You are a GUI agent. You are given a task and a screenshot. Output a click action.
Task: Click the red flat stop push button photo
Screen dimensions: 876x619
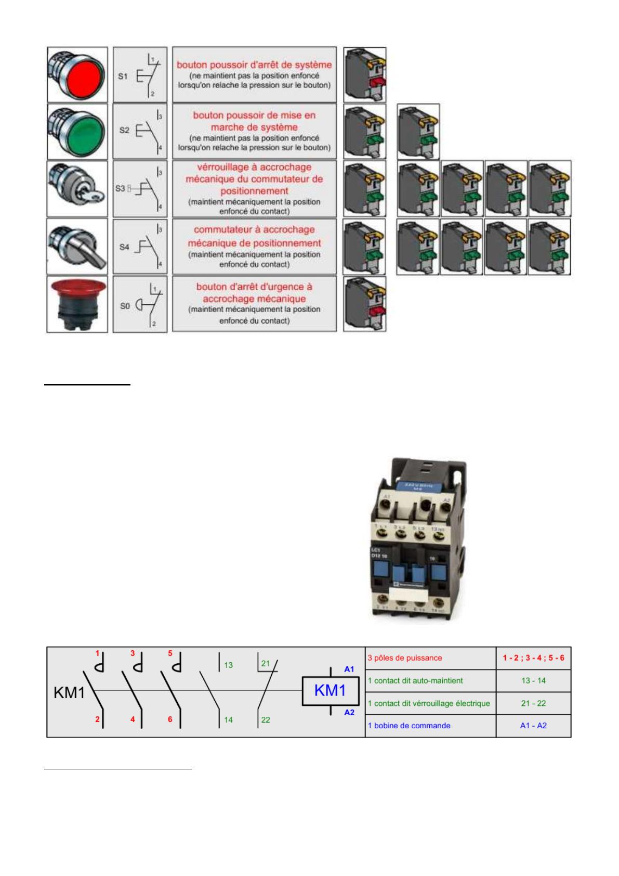tap(77, 75)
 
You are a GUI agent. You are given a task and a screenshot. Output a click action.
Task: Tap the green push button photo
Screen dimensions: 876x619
tap(77, 131)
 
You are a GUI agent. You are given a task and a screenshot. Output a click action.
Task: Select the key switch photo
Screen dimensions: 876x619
tap(77, 188)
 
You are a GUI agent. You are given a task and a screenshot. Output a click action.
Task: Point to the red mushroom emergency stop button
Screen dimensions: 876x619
tap(77, 304)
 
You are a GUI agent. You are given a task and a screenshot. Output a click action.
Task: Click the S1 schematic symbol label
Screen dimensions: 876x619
tap(123, 76)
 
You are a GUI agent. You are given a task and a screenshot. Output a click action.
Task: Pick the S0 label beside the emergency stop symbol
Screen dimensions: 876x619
tap(125, 306)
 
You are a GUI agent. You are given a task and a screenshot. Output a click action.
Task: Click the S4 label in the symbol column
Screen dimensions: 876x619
tap(124, 247)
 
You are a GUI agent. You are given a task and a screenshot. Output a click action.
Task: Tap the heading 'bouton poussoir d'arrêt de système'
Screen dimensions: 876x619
tap(254, 65)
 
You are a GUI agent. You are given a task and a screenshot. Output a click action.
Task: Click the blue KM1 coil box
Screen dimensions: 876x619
tap(331, 691)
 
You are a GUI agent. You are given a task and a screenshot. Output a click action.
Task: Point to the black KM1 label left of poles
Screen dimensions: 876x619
tap(69, 693)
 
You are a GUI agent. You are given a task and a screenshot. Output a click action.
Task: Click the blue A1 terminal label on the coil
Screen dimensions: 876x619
tap(349, 669)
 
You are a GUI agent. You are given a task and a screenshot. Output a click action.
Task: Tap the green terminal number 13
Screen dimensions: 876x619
tap(229, 665)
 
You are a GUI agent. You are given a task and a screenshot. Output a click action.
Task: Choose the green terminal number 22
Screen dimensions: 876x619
tap(266, 720)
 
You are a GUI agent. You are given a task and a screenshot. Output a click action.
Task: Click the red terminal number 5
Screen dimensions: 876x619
tap(170, 653)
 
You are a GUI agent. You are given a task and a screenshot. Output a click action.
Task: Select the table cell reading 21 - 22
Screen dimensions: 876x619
tap(533, 703)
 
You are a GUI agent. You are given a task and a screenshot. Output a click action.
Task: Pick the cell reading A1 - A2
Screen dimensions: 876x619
tap(533, 726)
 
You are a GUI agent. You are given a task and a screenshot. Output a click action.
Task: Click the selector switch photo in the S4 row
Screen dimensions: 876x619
tap(77, 247)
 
